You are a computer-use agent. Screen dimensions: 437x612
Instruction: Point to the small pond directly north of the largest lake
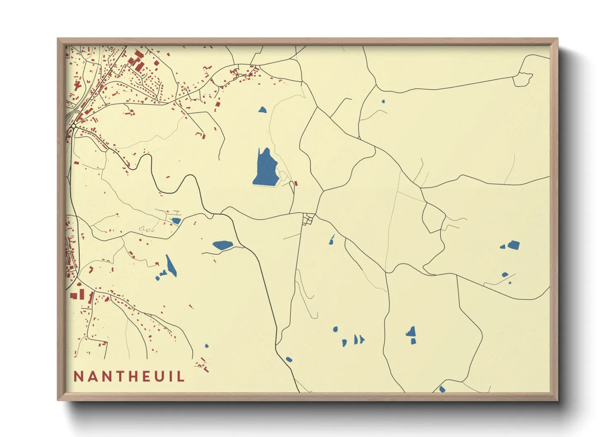point(262,110)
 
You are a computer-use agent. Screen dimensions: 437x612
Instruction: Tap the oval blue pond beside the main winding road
point(222,245)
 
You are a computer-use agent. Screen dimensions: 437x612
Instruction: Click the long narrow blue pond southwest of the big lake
point(171,266)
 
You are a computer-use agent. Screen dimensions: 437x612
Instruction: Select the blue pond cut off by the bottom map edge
point(442,389)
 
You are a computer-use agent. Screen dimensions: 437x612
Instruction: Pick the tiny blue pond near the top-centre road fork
point(383,101)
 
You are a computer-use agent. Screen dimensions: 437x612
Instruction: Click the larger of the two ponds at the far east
point(513,245)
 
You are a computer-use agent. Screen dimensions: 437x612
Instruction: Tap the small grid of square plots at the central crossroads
point(308,219)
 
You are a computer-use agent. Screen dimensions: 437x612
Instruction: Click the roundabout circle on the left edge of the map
point(73,125)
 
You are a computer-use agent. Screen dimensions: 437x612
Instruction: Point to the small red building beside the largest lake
point(296,183)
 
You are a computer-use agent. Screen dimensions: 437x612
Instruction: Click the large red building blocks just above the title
point(77,295)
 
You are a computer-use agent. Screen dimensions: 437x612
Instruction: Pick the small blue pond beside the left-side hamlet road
point(176,221)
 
